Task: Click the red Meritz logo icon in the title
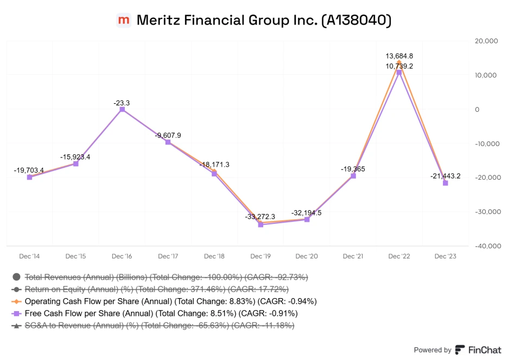point(124,20)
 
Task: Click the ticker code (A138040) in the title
point(356,20)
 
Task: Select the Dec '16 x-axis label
point(122,256)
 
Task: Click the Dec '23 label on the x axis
point(445,256)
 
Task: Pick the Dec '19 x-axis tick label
point(260,256)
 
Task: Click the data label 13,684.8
point(399,56)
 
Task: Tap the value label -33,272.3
point(260,216)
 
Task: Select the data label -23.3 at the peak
point(122,103)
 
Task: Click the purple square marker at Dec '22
point(399,72)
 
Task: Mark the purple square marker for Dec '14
point(29,177)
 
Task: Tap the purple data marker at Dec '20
point(307,219)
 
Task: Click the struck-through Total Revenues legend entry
point(167,277)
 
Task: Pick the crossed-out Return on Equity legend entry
point(156,289)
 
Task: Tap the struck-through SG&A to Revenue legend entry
point(160,325)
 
